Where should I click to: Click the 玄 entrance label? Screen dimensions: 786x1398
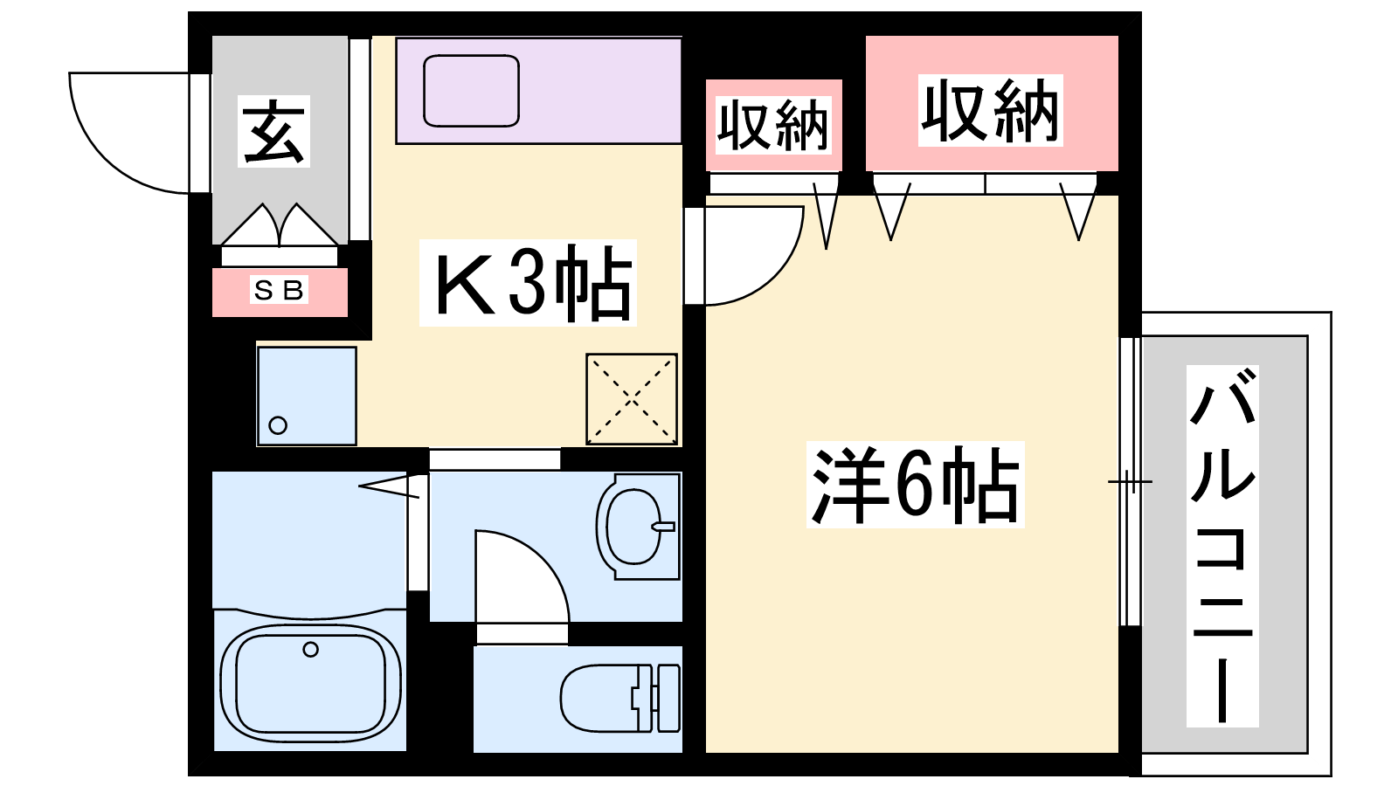click(274, 132)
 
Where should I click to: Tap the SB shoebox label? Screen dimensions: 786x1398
click(279, 290)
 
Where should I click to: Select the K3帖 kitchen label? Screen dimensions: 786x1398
click(529, 283)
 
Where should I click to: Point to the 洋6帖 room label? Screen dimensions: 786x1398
click(915, 484)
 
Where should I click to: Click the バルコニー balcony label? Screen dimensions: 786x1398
click(1222, 546)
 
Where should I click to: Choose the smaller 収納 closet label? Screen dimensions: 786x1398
click(773, 125)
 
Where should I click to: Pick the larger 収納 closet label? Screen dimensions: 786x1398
click(990, 111)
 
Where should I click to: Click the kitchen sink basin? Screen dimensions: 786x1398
click(471, 91)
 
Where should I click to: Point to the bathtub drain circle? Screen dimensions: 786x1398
click(310, 649)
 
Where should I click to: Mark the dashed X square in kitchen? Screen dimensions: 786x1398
click(631, 398)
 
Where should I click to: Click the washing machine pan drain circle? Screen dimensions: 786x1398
click(278, 425)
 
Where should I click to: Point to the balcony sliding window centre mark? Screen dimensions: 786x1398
click(1130, 481)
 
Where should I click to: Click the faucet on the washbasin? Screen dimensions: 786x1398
click(664, 527)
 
